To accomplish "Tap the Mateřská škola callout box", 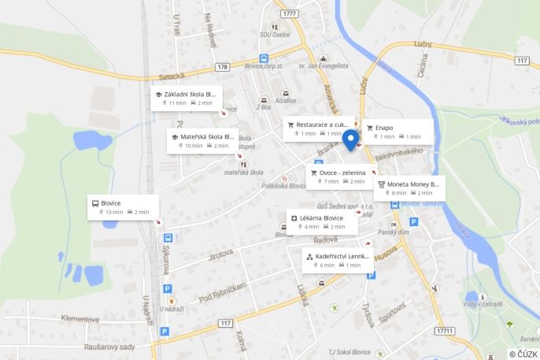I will (202, 140).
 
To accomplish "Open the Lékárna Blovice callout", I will (322, 221).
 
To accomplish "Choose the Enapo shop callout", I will (397, 131).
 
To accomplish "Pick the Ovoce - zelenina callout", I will (338, 176).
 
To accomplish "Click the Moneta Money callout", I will (409, 187).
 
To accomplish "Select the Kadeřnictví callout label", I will (338, 260).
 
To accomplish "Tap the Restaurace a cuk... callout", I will (318, 128).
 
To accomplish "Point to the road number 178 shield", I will (224, 67).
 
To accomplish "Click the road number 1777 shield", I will (290, 13).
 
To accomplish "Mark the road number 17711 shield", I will (444, 331).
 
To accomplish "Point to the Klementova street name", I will (80, 319).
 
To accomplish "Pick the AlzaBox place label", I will (286, 100).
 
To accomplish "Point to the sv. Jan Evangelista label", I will (323, 66).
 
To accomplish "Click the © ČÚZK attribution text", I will (523, 354).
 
